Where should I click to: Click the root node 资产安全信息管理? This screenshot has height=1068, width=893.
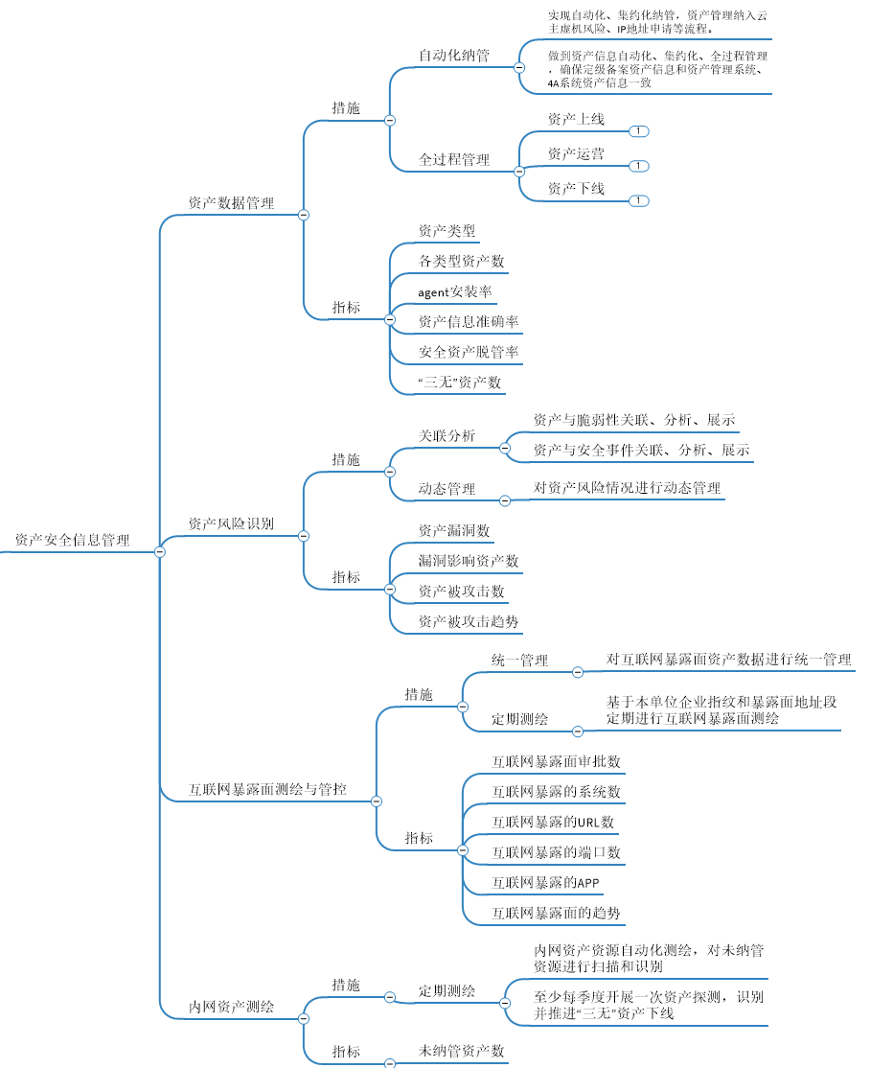[x=72, y=541]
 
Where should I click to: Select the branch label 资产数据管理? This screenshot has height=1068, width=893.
[x=231, y=203]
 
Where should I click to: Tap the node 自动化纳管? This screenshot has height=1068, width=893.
[x=454, y=56]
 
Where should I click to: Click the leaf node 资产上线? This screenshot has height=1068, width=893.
[x=576, y=120]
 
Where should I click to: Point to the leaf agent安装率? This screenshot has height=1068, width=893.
[x=455, y=291]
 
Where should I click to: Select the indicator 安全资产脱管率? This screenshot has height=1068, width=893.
[x=469, y=352]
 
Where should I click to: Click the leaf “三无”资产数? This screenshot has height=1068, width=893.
[x=459, y=383]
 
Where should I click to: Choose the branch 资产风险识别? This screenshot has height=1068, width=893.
[x=231, y=523]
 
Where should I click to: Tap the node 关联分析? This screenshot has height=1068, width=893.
[x=446, y=436]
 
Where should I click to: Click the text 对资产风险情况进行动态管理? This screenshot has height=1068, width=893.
[x=627, y=487]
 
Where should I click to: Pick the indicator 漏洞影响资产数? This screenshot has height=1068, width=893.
[x=469, y=560]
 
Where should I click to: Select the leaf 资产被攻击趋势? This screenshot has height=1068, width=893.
[x=469, y=621]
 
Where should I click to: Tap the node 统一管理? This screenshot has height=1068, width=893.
[x=520, y=661]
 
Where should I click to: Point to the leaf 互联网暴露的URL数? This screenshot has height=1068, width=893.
[x=553, y=822]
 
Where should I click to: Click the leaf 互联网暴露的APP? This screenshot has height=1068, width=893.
[x=545, y=882]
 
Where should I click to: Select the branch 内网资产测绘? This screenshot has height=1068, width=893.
[x=231, y=1007]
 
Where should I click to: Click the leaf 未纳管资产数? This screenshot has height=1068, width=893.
[x=462, y=1051]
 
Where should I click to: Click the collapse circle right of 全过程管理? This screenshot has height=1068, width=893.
[x=519, y=172]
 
